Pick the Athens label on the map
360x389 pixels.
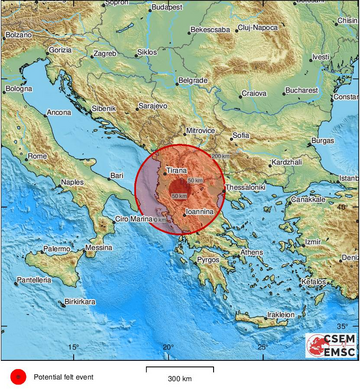point(252,252)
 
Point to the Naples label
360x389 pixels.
point(71,182)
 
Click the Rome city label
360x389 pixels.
point(38,156)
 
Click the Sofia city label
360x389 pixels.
point(241,134)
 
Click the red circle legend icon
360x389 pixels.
point(16,377)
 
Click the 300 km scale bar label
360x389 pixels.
point(179,380)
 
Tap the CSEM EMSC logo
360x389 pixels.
point(331,346)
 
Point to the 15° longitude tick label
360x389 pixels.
point(72,346)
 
